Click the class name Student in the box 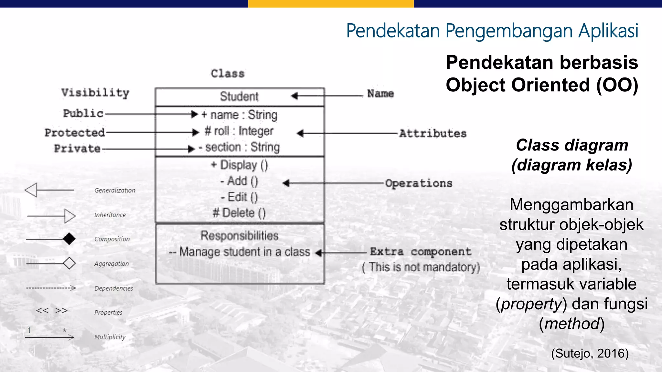point(239,97)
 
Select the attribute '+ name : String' point(240,115)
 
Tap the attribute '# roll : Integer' point(239,131)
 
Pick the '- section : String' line point(239,147)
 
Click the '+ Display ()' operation point(240,165)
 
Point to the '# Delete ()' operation point(239,213)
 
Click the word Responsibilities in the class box point(239,235)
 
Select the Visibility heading point(95,93)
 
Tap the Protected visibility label point(75,132)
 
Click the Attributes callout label point(433,133)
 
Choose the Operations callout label point(419,183)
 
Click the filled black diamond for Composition point(69,239)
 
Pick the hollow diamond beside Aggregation point(69,263)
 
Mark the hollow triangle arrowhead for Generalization point(31,190)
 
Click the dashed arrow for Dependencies point(51,288)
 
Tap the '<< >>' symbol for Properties point(52,311)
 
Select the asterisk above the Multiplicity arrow point(65,330)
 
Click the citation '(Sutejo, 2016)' point(590,353)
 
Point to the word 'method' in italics point(572,324)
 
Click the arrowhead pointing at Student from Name point(294,96)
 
